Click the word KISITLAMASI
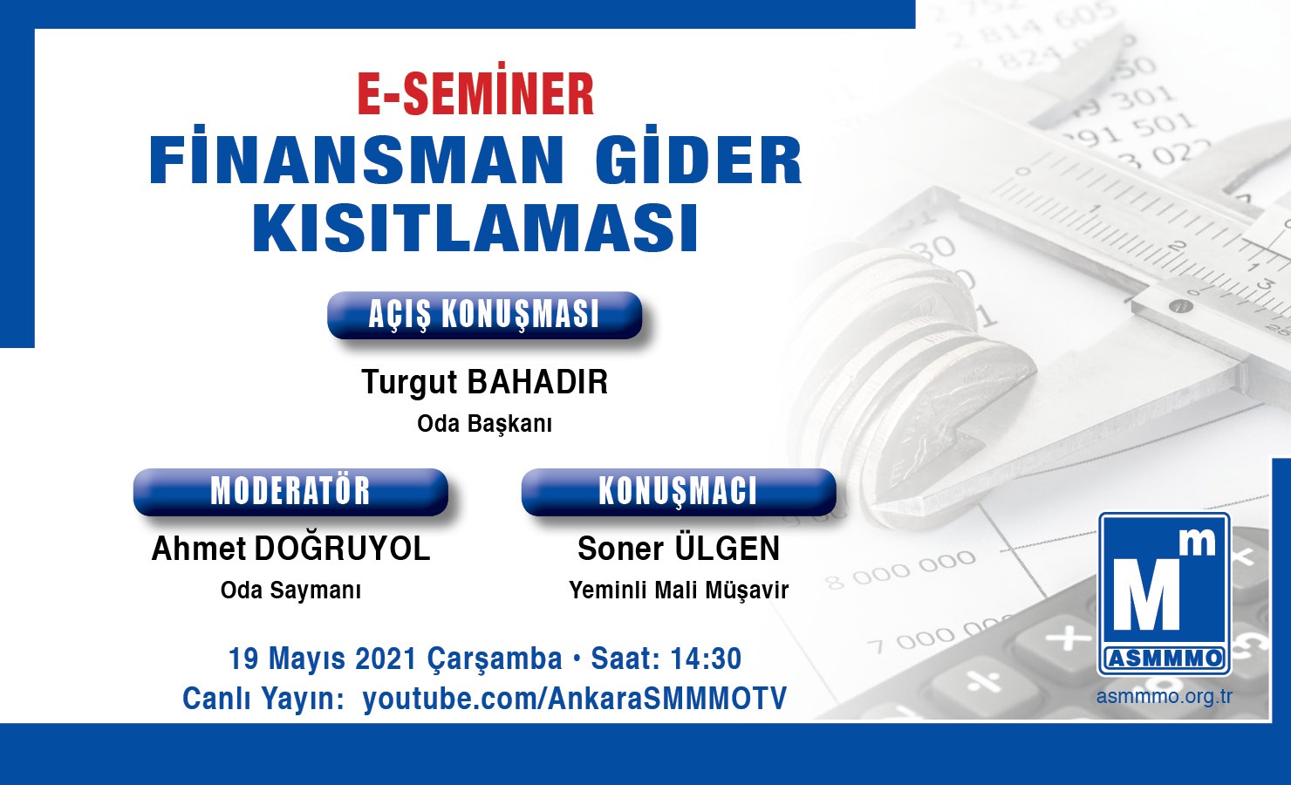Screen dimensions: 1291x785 coord(475,227)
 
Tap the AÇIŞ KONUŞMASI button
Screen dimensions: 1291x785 coord(484,315)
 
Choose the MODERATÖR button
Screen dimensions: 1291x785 coord(290,492)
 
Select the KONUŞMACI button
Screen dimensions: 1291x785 coord(679,492)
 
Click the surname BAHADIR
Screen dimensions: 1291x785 coord(537,382)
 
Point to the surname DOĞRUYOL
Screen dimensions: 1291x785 coord(342,548)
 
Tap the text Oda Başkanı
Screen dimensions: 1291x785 coord(485,424)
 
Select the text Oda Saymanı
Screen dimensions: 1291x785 coord(291,590)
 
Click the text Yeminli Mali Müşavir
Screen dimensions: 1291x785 coord(679,590)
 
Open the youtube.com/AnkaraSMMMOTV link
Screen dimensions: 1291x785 coord(575,699)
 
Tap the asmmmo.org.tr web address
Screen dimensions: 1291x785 coord(1165,696)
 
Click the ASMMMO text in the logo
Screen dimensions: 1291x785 coord(1165,659)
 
